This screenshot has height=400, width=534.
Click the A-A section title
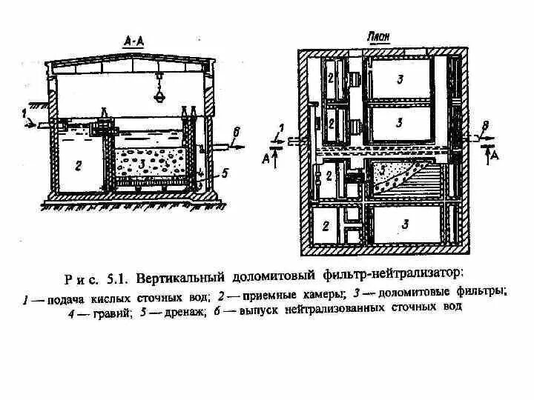pyautogui.click(x=134, y=42)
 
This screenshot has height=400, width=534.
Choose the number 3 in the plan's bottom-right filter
pyautogui.click(x=404, y=222)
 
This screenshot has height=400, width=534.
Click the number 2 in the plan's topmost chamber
pyautogui.click(x=332, y=78)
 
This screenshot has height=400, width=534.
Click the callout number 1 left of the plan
pyautogui.click(x=280, y=127)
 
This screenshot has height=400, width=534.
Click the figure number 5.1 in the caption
pyautogui.click(x=116, y=279)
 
